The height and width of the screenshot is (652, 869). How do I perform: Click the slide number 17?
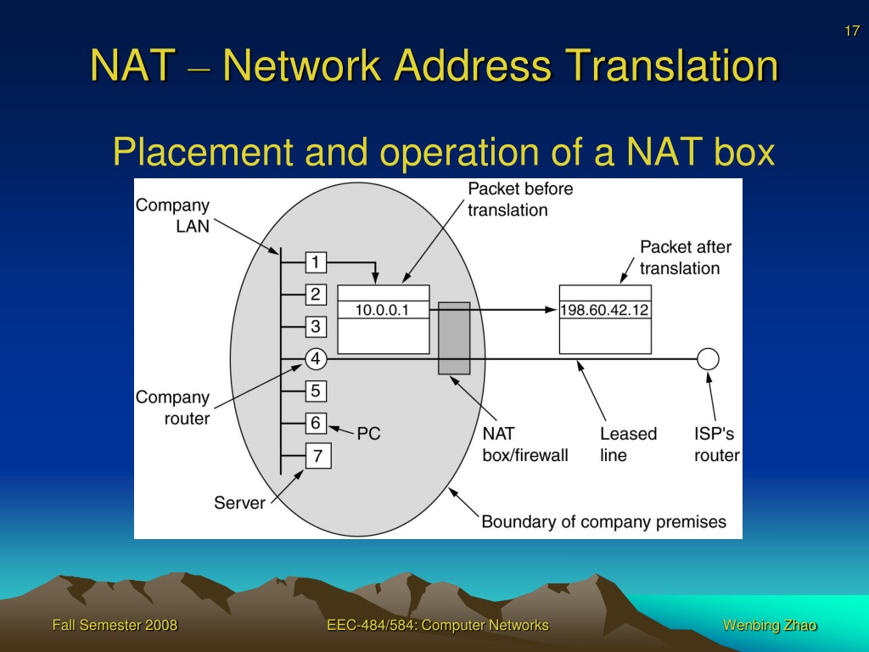click(x=852, y=31)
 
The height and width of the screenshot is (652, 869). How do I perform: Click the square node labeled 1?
click(x=316, y=262)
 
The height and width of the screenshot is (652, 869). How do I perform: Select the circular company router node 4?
click(x=316, y=359)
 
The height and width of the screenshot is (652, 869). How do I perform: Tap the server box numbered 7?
click(x=318, y=456)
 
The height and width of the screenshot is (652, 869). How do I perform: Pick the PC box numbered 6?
click(x=316, y=423)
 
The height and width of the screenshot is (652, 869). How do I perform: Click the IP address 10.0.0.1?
click(x=382, y=310)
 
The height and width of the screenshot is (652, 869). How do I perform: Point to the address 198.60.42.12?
click(x=604, y=310)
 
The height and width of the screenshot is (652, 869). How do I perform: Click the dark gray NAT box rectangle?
click(x=455, y=338)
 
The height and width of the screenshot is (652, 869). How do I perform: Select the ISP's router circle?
click(x=708, y=359)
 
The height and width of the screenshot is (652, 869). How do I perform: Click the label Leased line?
click(x=629, y=444)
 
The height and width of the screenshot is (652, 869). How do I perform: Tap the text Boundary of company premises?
click(x=603, y=522)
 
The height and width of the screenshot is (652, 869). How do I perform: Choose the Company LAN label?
click(x=173, y=216)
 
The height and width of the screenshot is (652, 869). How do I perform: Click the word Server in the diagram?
click(x=239, y=503)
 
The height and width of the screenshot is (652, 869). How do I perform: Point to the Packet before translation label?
click(x=520, y=199)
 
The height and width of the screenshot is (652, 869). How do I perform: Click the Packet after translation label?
click(x=686, y=257)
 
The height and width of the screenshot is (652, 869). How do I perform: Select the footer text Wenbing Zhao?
click(x=770, y=626)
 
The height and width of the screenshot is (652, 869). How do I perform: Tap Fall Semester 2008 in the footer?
click(x=115, y=626)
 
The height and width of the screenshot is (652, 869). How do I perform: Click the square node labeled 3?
click(x=316, y=327)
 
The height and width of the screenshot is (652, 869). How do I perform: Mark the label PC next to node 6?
click(x=368, y=434)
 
